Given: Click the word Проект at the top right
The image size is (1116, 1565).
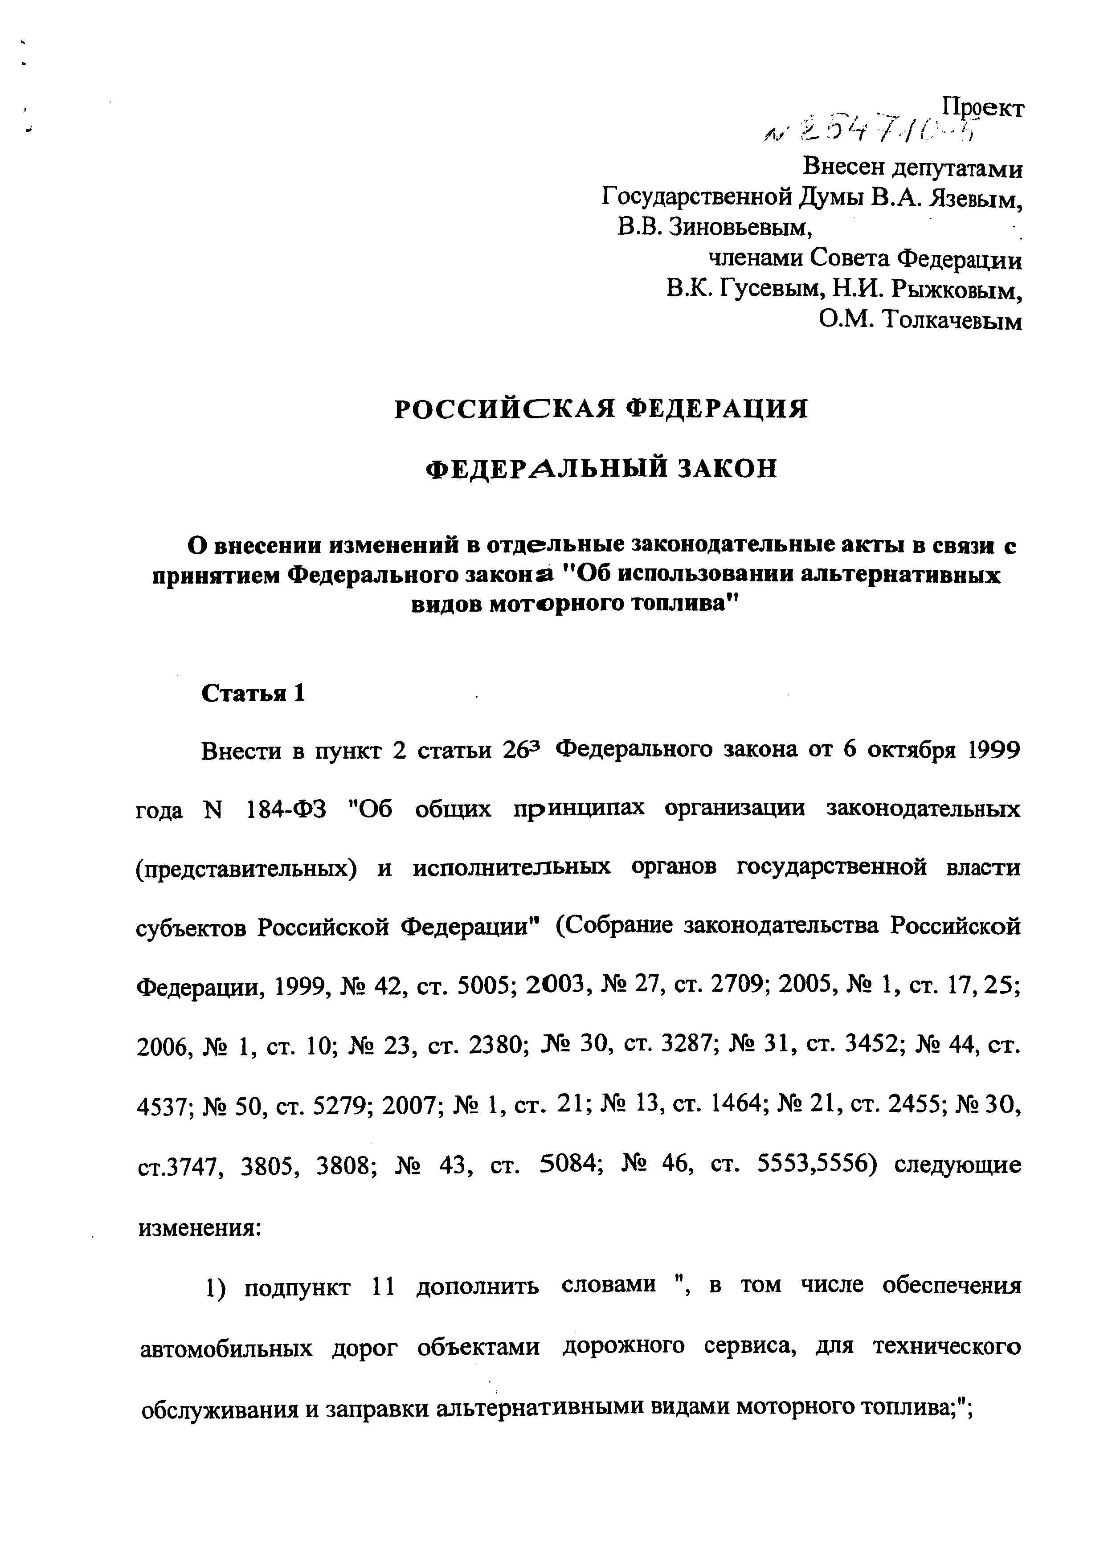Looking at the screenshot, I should click(983, 108).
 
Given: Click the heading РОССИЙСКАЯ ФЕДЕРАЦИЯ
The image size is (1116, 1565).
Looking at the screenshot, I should click(601, 409).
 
